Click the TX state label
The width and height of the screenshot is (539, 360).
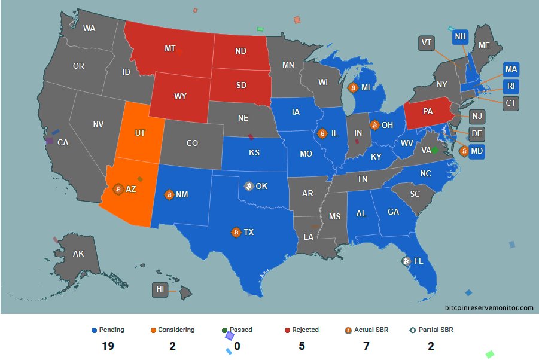point(249,232)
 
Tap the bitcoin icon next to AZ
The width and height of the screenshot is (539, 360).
point(118,189)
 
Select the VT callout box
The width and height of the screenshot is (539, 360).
point(426,43)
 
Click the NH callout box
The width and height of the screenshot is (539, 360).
point(460,37)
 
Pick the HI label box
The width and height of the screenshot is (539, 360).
point(160,290)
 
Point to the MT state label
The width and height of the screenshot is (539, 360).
point(170,48)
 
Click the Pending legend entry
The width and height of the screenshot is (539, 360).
point(108,330)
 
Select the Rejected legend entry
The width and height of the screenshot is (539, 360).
point(302,330)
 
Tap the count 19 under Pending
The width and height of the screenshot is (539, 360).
point(108,346)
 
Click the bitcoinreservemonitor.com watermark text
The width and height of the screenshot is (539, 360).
point(489,307)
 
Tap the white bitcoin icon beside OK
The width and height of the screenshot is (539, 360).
point(249,186)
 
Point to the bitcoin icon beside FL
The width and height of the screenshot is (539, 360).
point(406,261)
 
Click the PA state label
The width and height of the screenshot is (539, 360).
point(428,111)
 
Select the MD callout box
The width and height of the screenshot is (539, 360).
point(477,151)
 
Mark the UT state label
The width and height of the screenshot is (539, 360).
point(139,133)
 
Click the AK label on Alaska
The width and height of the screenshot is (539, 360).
point(78,254)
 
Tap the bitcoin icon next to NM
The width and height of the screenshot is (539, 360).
point(169,195)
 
